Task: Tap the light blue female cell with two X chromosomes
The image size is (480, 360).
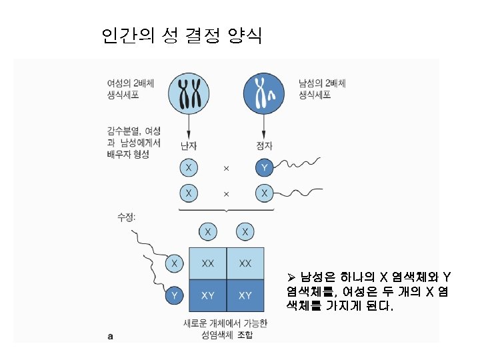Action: tap(189, 91)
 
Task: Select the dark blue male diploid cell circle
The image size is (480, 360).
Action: tap(265, 91)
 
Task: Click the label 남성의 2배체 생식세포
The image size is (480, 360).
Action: tap(322, 89)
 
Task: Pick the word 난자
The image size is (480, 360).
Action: tap(189, 145)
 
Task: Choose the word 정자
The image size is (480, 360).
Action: tap(265, 145)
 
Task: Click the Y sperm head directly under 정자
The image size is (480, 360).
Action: tap(265, 167)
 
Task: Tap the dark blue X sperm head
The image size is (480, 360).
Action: tap(265, 193)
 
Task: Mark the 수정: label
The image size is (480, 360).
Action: tap(127, 217)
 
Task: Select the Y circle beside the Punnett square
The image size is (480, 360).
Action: tap(175, 295)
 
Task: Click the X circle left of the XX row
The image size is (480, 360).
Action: tap(175, 263)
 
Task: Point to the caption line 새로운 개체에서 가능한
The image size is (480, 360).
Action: tap(225, 323)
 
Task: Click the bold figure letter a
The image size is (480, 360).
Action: tap(111, 337)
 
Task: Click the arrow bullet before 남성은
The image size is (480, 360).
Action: tap(291, 277)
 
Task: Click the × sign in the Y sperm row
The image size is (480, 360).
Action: tap(225, 168)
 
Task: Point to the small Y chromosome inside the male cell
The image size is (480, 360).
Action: tap(271, 97)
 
